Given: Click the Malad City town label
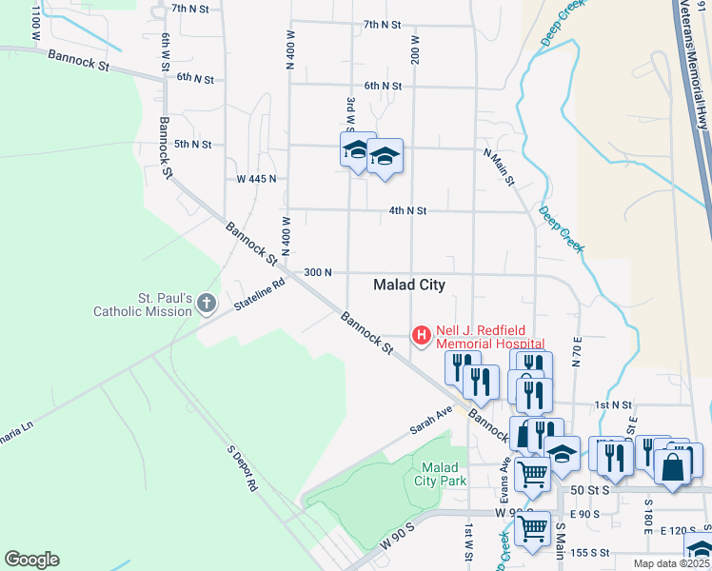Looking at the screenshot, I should coord(409,285).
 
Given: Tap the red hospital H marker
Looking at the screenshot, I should coord(420,335).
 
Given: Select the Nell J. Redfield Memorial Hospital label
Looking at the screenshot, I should coord(490,337).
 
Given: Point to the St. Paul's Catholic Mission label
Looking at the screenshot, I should coord(143,305).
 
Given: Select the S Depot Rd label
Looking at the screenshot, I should coord(242,467).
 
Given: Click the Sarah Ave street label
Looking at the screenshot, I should coord(431,419).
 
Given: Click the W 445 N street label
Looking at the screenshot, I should coord(256,178).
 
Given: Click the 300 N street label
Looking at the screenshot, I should coord(317,272).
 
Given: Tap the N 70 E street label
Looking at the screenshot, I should coord(577,352).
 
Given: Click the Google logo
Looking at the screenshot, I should coord(31,560).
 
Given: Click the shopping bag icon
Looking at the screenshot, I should coord(673,467).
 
